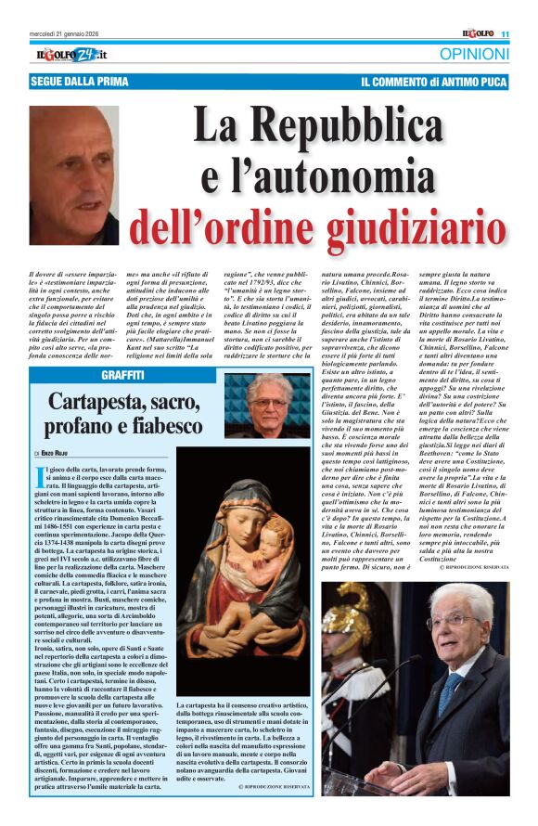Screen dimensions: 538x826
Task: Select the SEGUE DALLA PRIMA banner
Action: click(x=70, y=83)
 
